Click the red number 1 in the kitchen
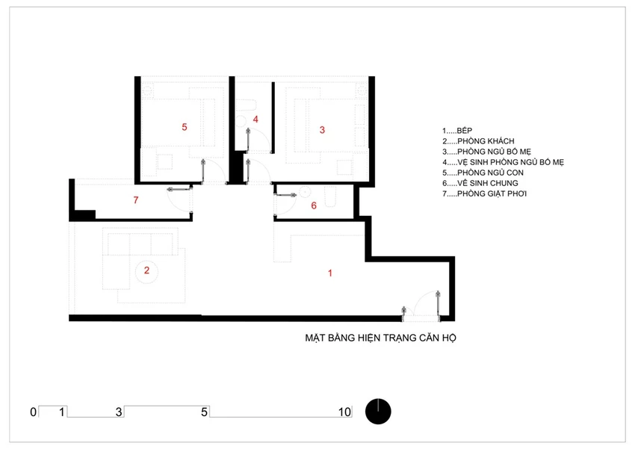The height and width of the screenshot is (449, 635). (x=330, y=273)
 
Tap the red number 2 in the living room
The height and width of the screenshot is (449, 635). (x=146, y=270)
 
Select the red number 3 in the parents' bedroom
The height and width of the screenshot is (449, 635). (x=322, y=130)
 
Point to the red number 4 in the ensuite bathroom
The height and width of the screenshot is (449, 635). (x=255, y=120)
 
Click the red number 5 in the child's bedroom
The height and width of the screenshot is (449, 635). (x=185, y=127)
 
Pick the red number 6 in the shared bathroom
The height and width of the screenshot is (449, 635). (x=314, y=205)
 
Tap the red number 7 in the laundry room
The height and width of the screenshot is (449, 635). (x=136, y=200)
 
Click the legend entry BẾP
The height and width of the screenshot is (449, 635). (x=464, y=131)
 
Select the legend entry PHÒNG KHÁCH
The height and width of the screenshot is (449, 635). (x=486, y=141)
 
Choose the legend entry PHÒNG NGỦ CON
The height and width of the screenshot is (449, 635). (x=490, y=173)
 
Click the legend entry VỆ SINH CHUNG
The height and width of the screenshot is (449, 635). (x=488, y=183)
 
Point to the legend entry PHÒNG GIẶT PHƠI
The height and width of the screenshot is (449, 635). (x=492, y=193)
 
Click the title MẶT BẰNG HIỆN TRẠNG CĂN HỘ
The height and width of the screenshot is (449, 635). (x=381, y=338)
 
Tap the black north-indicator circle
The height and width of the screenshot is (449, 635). (x=378, y=412)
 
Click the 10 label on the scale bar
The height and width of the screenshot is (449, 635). (x=344, y=412)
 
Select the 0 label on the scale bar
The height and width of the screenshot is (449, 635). (x=33, y=412)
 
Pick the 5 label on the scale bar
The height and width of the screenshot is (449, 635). (x=204, y=412)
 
